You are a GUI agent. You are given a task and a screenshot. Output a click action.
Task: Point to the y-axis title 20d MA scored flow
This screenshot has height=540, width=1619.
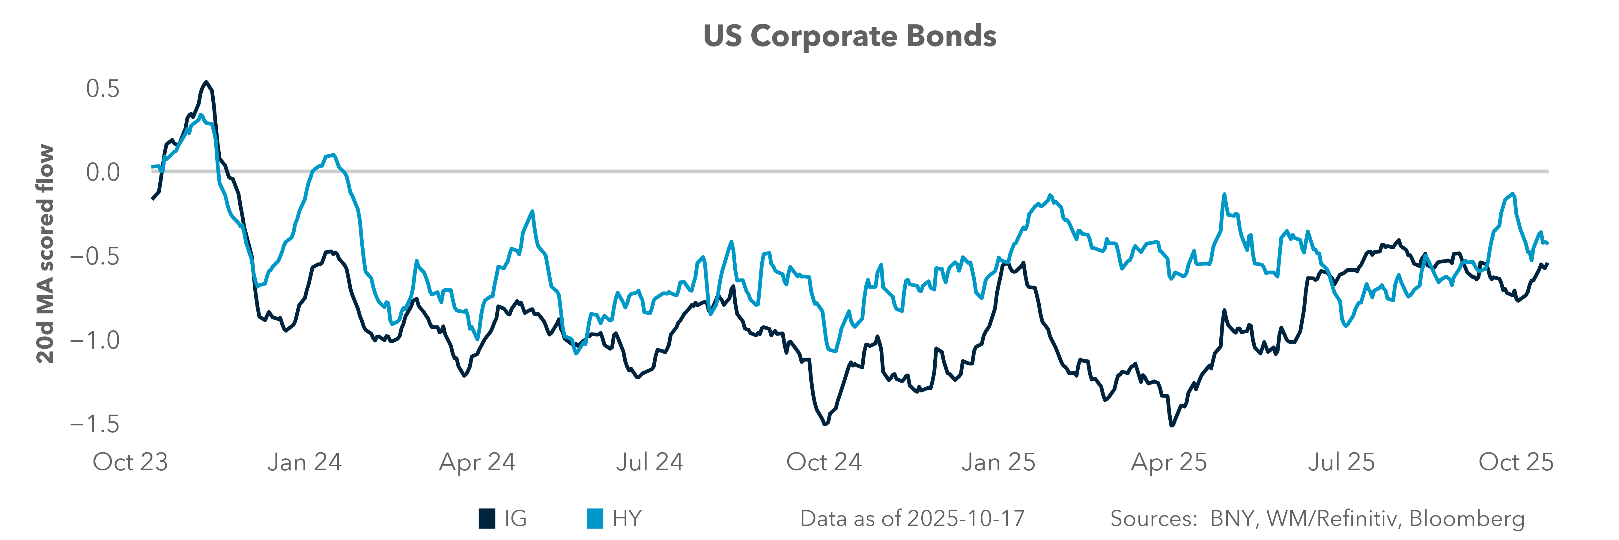45,254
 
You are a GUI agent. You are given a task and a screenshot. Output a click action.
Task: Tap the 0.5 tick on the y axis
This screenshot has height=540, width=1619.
103,88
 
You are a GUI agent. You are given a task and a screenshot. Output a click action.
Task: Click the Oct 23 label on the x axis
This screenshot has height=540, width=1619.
130,462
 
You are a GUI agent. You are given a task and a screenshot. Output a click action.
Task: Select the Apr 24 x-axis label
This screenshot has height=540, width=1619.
477,462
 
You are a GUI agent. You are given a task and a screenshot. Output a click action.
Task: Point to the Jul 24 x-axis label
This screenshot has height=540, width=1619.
649,462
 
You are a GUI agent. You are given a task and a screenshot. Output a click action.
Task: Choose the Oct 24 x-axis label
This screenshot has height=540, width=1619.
824,462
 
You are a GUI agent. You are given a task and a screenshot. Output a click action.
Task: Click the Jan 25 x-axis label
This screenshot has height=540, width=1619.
998,462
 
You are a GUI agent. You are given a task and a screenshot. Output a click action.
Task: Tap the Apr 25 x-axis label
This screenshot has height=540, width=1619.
1169,462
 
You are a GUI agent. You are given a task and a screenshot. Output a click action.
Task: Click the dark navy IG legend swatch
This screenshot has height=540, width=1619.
487,519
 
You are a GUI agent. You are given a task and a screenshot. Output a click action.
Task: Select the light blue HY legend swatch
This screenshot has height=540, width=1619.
595,519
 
